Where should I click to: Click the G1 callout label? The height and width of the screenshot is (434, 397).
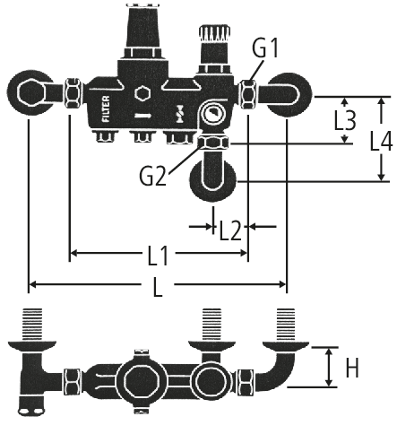pos(265,48)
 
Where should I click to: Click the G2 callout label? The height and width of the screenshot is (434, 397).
pos(152,176)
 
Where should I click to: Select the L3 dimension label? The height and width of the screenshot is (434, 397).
pos(345,121)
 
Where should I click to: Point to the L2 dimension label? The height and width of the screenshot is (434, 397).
pos(230,230)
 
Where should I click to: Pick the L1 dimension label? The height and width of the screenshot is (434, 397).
pos(158,256)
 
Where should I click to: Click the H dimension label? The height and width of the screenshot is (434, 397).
pos(352,368)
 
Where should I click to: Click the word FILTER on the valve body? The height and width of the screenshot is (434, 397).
pos(106,108)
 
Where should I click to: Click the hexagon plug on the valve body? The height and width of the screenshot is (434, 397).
pos(142,93)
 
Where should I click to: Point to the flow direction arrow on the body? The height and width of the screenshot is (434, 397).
pos(142,116)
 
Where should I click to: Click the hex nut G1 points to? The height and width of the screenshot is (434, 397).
pos(248,94)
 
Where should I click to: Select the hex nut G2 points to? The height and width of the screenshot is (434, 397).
pos(214,143)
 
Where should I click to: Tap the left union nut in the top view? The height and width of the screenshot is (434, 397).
pos(73,93)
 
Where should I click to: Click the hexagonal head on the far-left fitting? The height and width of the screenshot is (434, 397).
pos(30,92)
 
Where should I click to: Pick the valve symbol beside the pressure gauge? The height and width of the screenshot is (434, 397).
pos(180,114)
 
